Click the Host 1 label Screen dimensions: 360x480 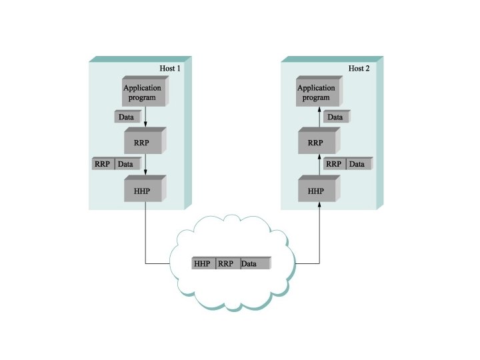(x=170, y=69)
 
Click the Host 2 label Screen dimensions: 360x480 (x=359, y=69)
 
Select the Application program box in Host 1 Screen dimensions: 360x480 (x=143, y=93)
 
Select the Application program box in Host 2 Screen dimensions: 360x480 (x=316, y=93)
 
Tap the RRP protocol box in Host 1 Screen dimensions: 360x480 (x=143, y=143)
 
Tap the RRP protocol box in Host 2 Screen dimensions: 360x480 (x=316, y=143)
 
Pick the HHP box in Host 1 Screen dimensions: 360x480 (x=143, y=191)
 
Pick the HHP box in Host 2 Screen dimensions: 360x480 (x=316, y=191)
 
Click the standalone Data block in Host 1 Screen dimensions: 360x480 (x=126, y=117)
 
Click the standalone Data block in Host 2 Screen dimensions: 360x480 (x=335, y=117)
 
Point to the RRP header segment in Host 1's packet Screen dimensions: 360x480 (x=103, y=164)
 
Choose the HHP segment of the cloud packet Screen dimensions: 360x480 (x=203, y=264)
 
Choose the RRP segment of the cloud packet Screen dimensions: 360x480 (x=227, y=264)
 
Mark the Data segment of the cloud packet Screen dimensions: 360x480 (x=253, y=264)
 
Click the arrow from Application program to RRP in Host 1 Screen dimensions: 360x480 (x=145, y=118)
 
